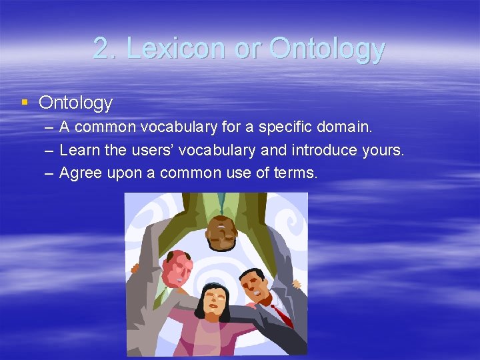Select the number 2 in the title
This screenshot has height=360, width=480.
point(101,48)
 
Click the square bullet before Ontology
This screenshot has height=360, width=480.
point(25,102)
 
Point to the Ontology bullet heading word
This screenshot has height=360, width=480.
point(75,103)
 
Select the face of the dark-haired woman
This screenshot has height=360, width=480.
point(214,301)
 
